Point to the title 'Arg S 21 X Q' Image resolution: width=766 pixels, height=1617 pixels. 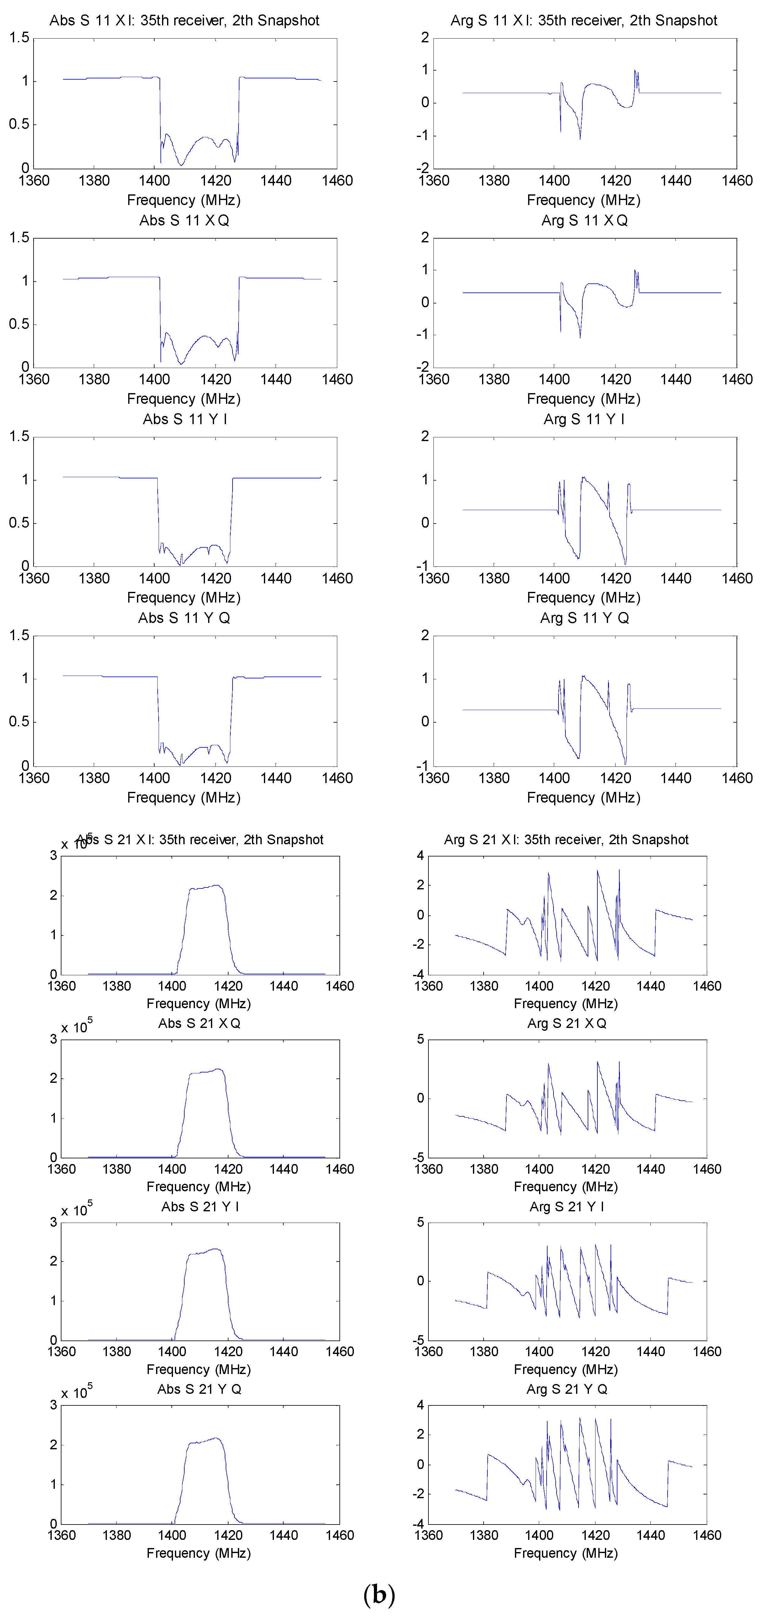pos(566,1023)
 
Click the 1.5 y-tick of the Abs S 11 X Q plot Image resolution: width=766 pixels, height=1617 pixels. pos(19,237)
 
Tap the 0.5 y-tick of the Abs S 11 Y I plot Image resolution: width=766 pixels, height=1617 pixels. pos(19,523)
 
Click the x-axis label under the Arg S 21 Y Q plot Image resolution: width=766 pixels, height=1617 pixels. pos(566,1553)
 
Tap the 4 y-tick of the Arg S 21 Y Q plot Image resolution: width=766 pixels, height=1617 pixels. pos(420,1405)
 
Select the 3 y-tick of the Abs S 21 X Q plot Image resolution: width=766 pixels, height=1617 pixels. pos(53,1039)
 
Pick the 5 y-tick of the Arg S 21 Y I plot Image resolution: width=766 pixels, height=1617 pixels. pos(420,1222)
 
